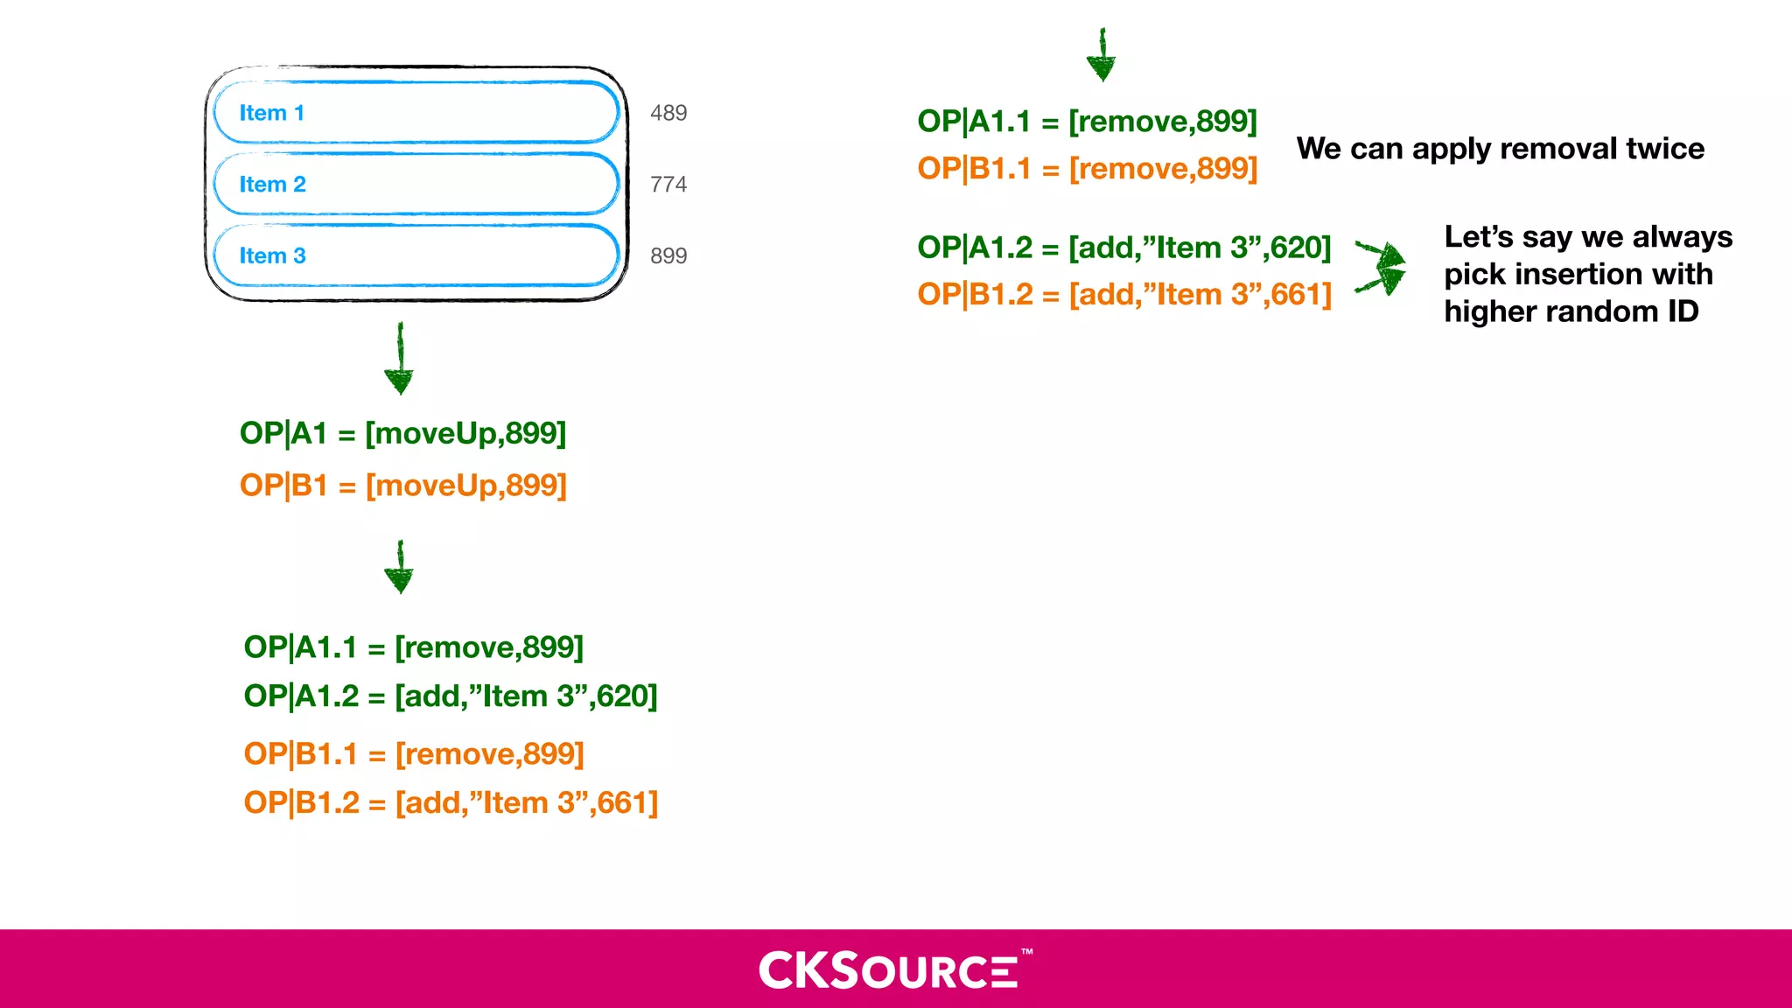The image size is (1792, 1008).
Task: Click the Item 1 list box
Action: (x=416, y=113)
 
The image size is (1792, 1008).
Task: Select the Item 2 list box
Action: (x=416, y=184)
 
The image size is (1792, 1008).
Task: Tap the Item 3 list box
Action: (x=416, y=255)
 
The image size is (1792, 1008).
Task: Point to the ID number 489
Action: (x=668, y=113)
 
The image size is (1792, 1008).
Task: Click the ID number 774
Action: (x=668, y=185)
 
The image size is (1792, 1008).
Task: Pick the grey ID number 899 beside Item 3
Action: (x=668, y=256)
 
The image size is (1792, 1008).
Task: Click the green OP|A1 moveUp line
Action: (x=402, y=433)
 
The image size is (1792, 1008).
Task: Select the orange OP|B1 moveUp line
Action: (x=402, y=485)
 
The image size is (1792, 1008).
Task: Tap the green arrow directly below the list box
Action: (x=399, y=359)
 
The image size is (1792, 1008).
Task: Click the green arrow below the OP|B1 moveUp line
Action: (x=399, y=568)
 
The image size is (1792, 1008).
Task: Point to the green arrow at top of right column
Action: (x=1101, y=55)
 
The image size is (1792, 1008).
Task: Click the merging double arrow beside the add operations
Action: (x=1382, y=267)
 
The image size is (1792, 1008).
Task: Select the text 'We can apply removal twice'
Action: (x=1500, y=149)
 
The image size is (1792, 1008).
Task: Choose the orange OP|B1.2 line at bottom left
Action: (x=451, y=802)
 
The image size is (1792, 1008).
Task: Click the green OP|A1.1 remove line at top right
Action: (x=1087, y=121)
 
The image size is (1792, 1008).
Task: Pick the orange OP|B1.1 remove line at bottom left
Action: (x=413, y=753)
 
